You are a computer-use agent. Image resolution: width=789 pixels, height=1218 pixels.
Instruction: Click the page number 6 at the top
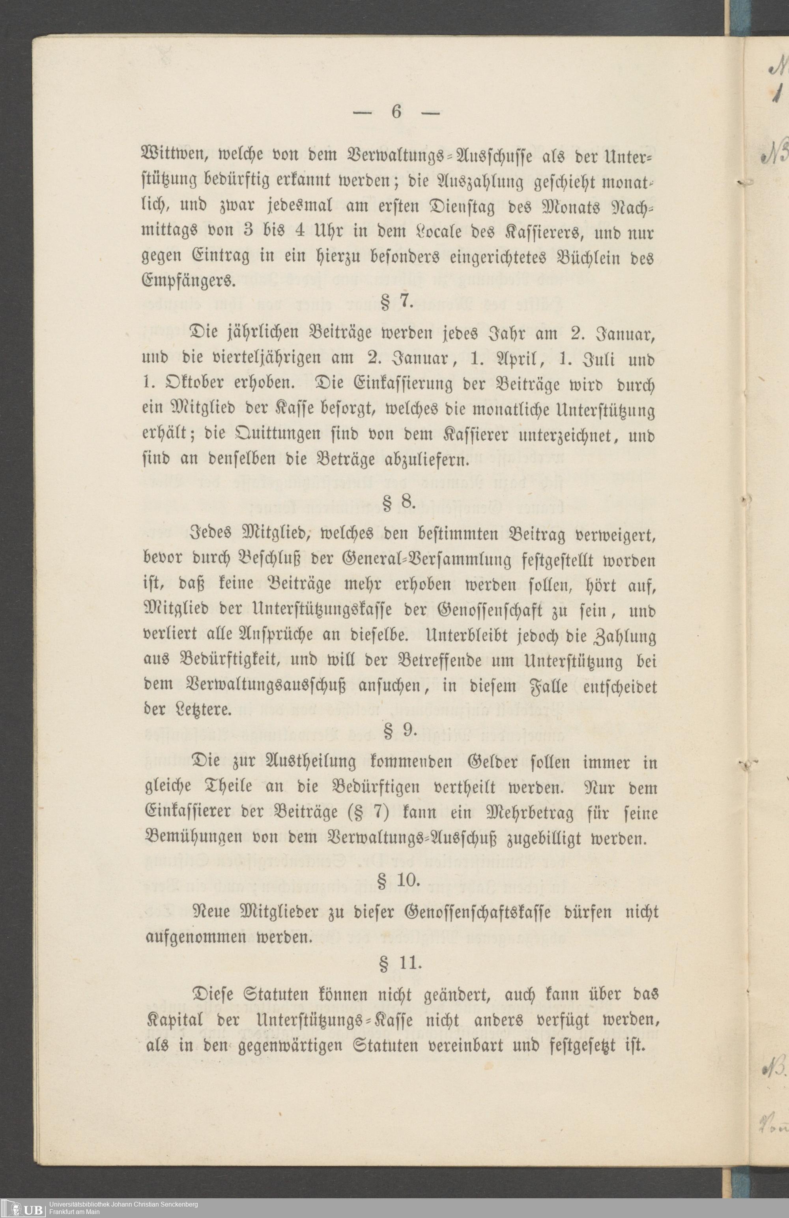(396, 112)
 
